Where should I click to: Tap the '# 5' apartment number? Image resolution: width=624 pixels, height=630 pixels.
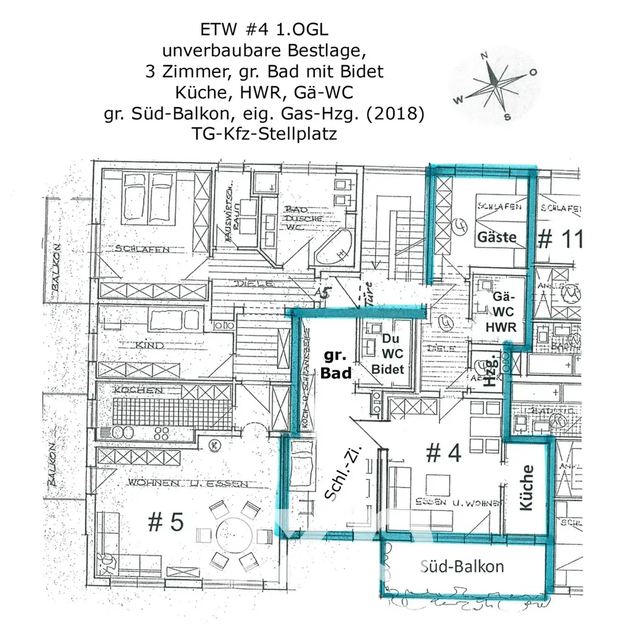tap(165, 522)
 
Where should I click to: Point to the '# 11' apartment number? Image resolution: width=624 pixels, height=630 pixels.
tap(561, 239)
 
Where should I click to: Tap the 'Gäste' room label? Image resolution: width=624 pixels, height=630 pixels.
tap(497, 238)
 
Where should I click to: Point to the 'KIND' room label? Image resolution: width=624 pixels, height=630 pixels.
tap(150, 345)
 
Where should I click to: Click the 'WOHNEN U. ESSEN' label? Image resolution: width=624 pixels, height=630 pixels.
tap(187, 483)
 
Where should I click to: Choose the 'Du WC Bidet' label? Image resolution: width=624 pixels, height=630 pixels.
tap(388, 354)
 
